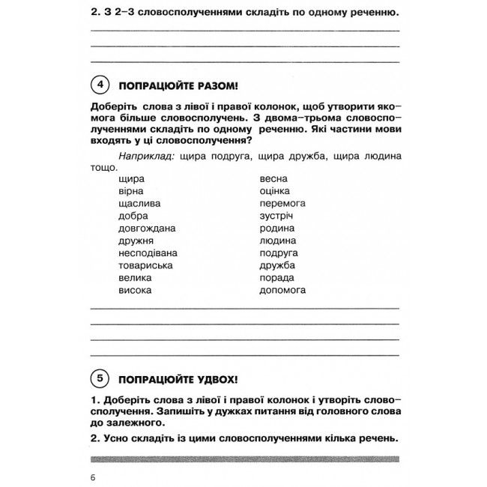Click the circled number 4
click(99, 83)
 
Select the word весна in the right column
click(273, 179)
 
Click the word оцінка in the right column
click(275, 191)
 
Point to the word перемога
click(282, 203)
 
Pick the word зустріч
click(276, 216)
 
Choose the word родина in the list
click(276, 228)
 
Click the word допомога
click(282, 289)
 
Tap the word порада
click(277, 277)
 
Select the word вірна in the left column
click(131, 191)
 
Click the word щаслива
click(139, 203)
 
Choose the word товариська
click(146, 265)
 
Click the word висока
click(135, 289)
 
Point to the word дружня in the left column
click(136, 241)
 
